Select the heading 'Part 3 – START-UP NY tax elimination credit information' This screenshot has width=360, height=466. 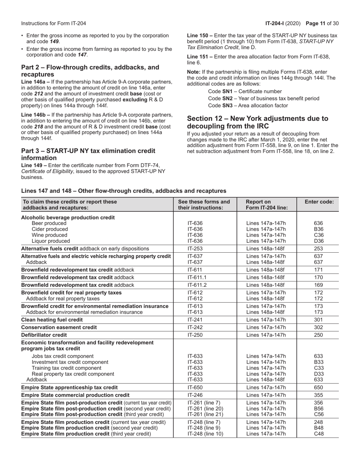click(x=88, y=154)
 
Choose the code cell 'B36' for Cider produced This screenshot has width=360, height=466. click(x=318, y=229)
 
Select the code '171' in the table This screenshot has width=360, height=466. click(x=318, y=270)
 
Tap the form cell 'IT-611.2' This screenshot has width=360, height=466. click(x=197, y=285)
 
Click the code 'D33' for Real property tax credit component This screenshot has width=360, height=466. click(x=318, y=374)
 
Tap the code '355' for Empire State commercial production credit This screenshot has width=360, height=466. click(x=318, y=395)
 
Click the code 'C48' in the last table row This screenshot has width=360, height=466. click(x=318, y=434)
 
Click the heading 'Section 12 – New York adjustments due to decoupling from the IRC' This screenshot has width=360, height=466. click(x=258, y=122)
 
